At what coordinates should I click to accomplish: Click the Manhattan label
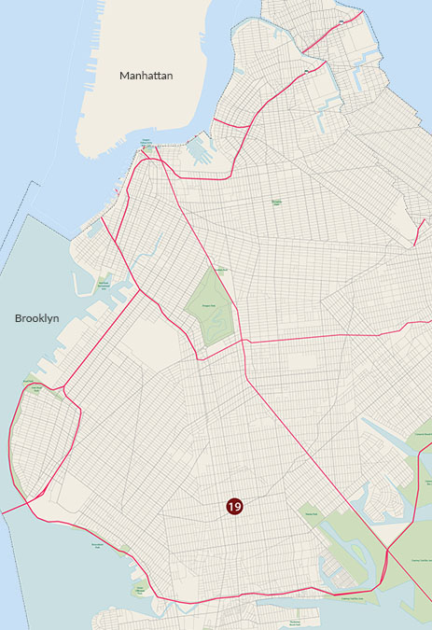146,75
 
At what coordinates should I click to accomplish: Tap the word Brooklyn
37,318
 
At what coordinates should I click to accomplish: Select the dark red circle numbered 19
234,506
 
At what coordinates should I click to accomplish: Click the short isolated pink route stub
417,233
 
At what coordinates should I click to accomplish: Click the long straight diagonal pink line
299,439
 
